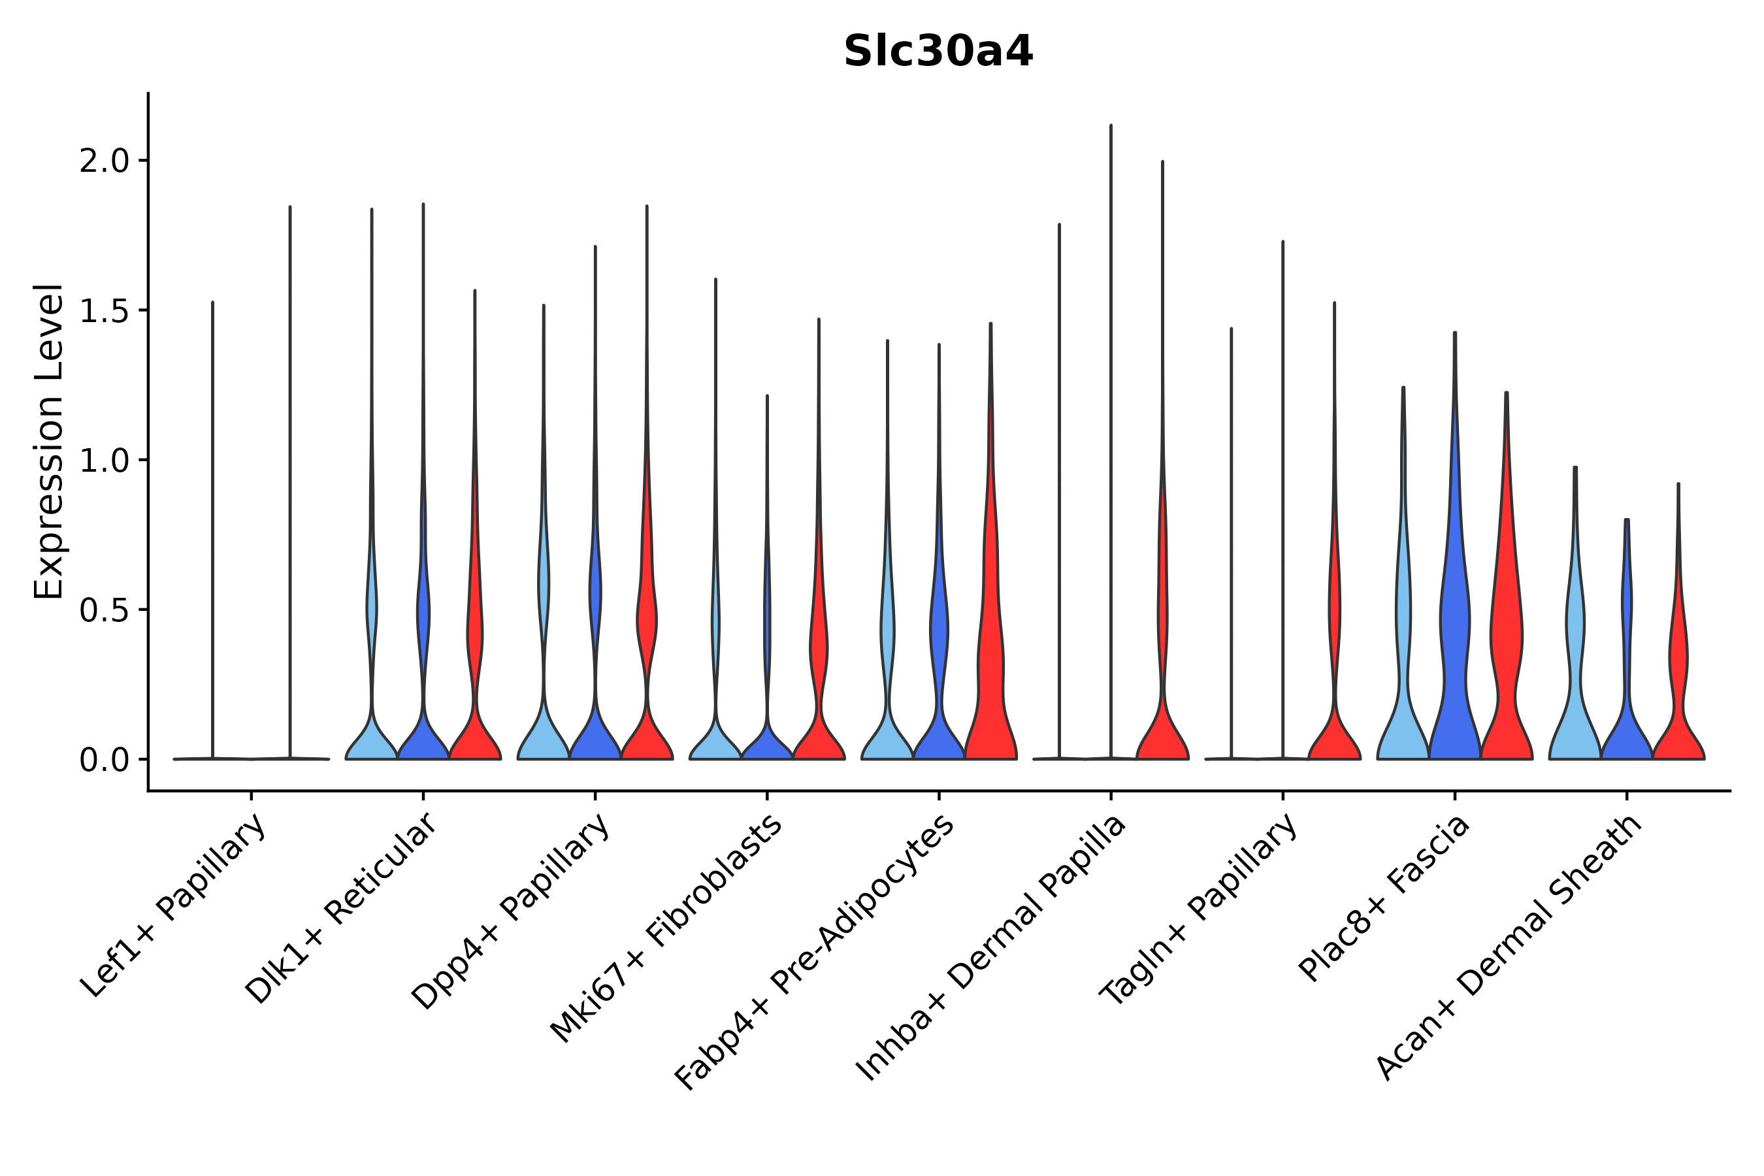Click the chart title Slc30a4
[x=938, y=52]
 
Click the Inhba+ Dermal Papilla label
[x=990, y=949]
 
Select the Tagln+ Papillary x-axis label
[x=1198, y=909]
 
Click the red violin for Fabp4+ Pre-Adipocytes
[x=990, y=675]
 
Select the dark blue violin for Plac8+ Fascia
[x=1454, y=638]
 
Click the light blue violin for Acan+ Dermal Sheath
[x=1575, y=675]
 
